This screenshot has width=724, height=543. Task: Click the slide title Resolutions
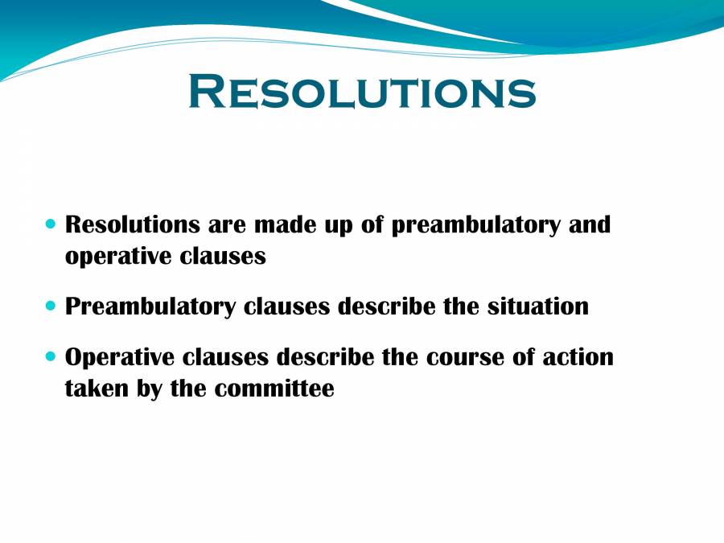click(x=361, y=91)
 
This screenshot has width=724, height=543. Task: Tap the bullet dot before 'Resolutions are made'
click(x=51, y=223)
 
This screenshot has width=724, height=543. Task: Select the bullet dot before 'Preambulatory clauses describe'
click(x=51, y=306)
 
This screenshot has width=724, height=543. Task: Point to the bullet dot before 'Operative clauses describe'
click(x=51, y=356)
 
